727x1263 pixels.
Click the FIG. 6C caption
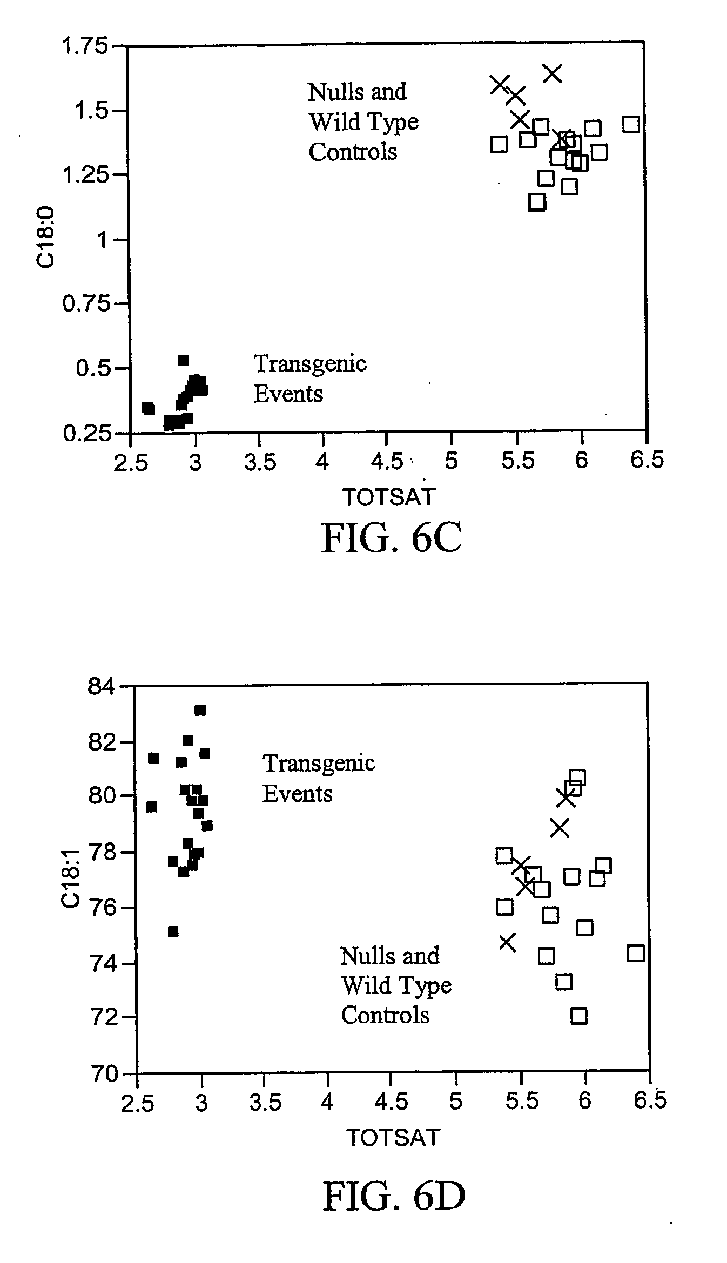(392, 538)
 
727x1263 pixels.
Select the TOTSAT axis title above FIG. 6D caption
(393, 1138)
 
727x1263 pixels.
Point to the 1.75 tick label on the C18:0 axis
(85, 46)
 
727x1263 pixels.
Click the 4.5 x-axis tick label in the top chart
(387, 462)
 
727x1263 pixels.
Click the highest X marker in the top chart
(552, 73)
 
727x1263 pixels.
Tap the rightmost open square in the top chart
(631, 124)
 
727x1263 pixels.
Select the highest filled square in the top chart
(184, 360)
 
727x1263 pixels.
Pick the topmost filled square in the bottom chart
(200, 710)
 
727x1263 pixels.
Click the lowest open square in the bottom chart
(578, 1016)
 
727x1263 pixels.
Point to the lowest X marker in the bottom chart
(507, 942)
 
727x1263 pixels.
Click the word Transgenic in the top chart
(310, 364)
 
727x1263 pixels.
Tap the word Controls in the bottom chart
(385, 1015)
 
